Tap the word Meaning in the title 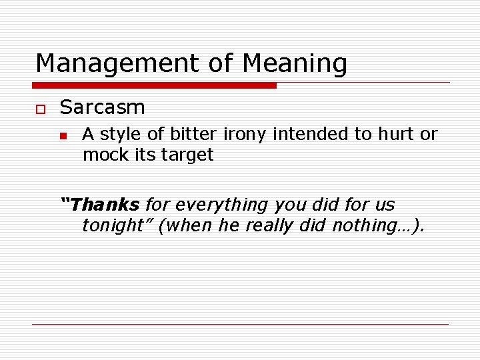(x=295, y=64)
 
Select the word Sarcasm (x=102, y=107)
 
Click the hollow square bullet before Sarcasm (x=40, y=109)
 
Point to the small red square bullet (x=63, y=135)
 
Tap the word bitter (x=194, y=134)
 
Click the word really (x=271, y=225)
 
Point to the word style (x=121, y=134)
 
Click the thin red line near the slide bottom (x=240, y=324)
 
